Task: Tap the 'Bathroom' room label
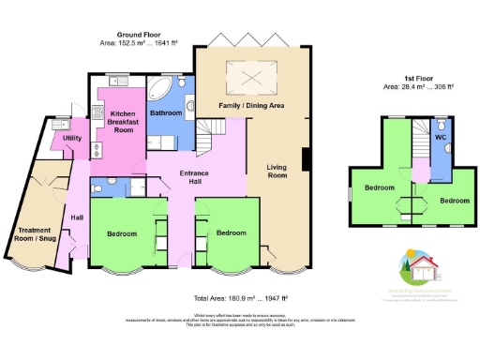click(166, 113)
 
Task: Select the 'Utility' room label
click(72, 139)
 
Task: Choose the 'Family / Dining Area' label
click(251, 106)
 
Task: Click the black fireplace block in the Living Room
click(302, 159)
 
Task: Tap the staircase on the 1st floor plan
click(418, 150)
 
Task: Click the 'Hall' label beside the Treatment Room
click(77, 218)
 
